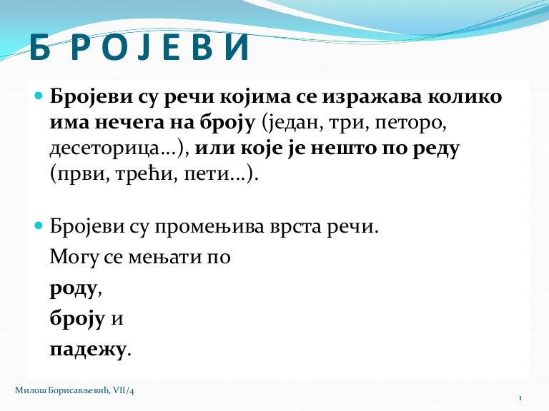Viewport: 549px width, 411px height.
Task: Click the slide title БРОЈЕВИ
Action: click(x=139, y=47)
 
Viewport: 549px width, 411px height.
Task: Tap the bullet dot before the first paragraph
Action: click(x=39, y=95)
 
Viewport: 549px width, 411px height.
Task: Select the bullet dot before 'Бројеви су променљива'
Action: click(x=39, y=225)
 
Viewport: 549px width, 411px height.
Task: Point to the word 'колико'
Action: click(x=465, y=96)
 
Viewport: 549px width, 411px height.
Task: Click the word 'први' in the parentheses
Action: click(x=81, y=174)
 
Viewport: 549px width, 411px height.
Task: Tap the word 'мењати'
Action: click(x=165, y=258)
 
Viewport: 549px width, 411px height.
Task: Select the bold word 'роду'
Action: click(x=73, y=290)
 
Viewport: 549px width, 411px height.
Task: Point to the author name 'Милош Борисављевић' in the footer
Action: click(x=63, y=390)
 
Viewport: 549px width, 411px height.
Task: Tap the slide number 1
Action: click(x=520, y=398)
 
